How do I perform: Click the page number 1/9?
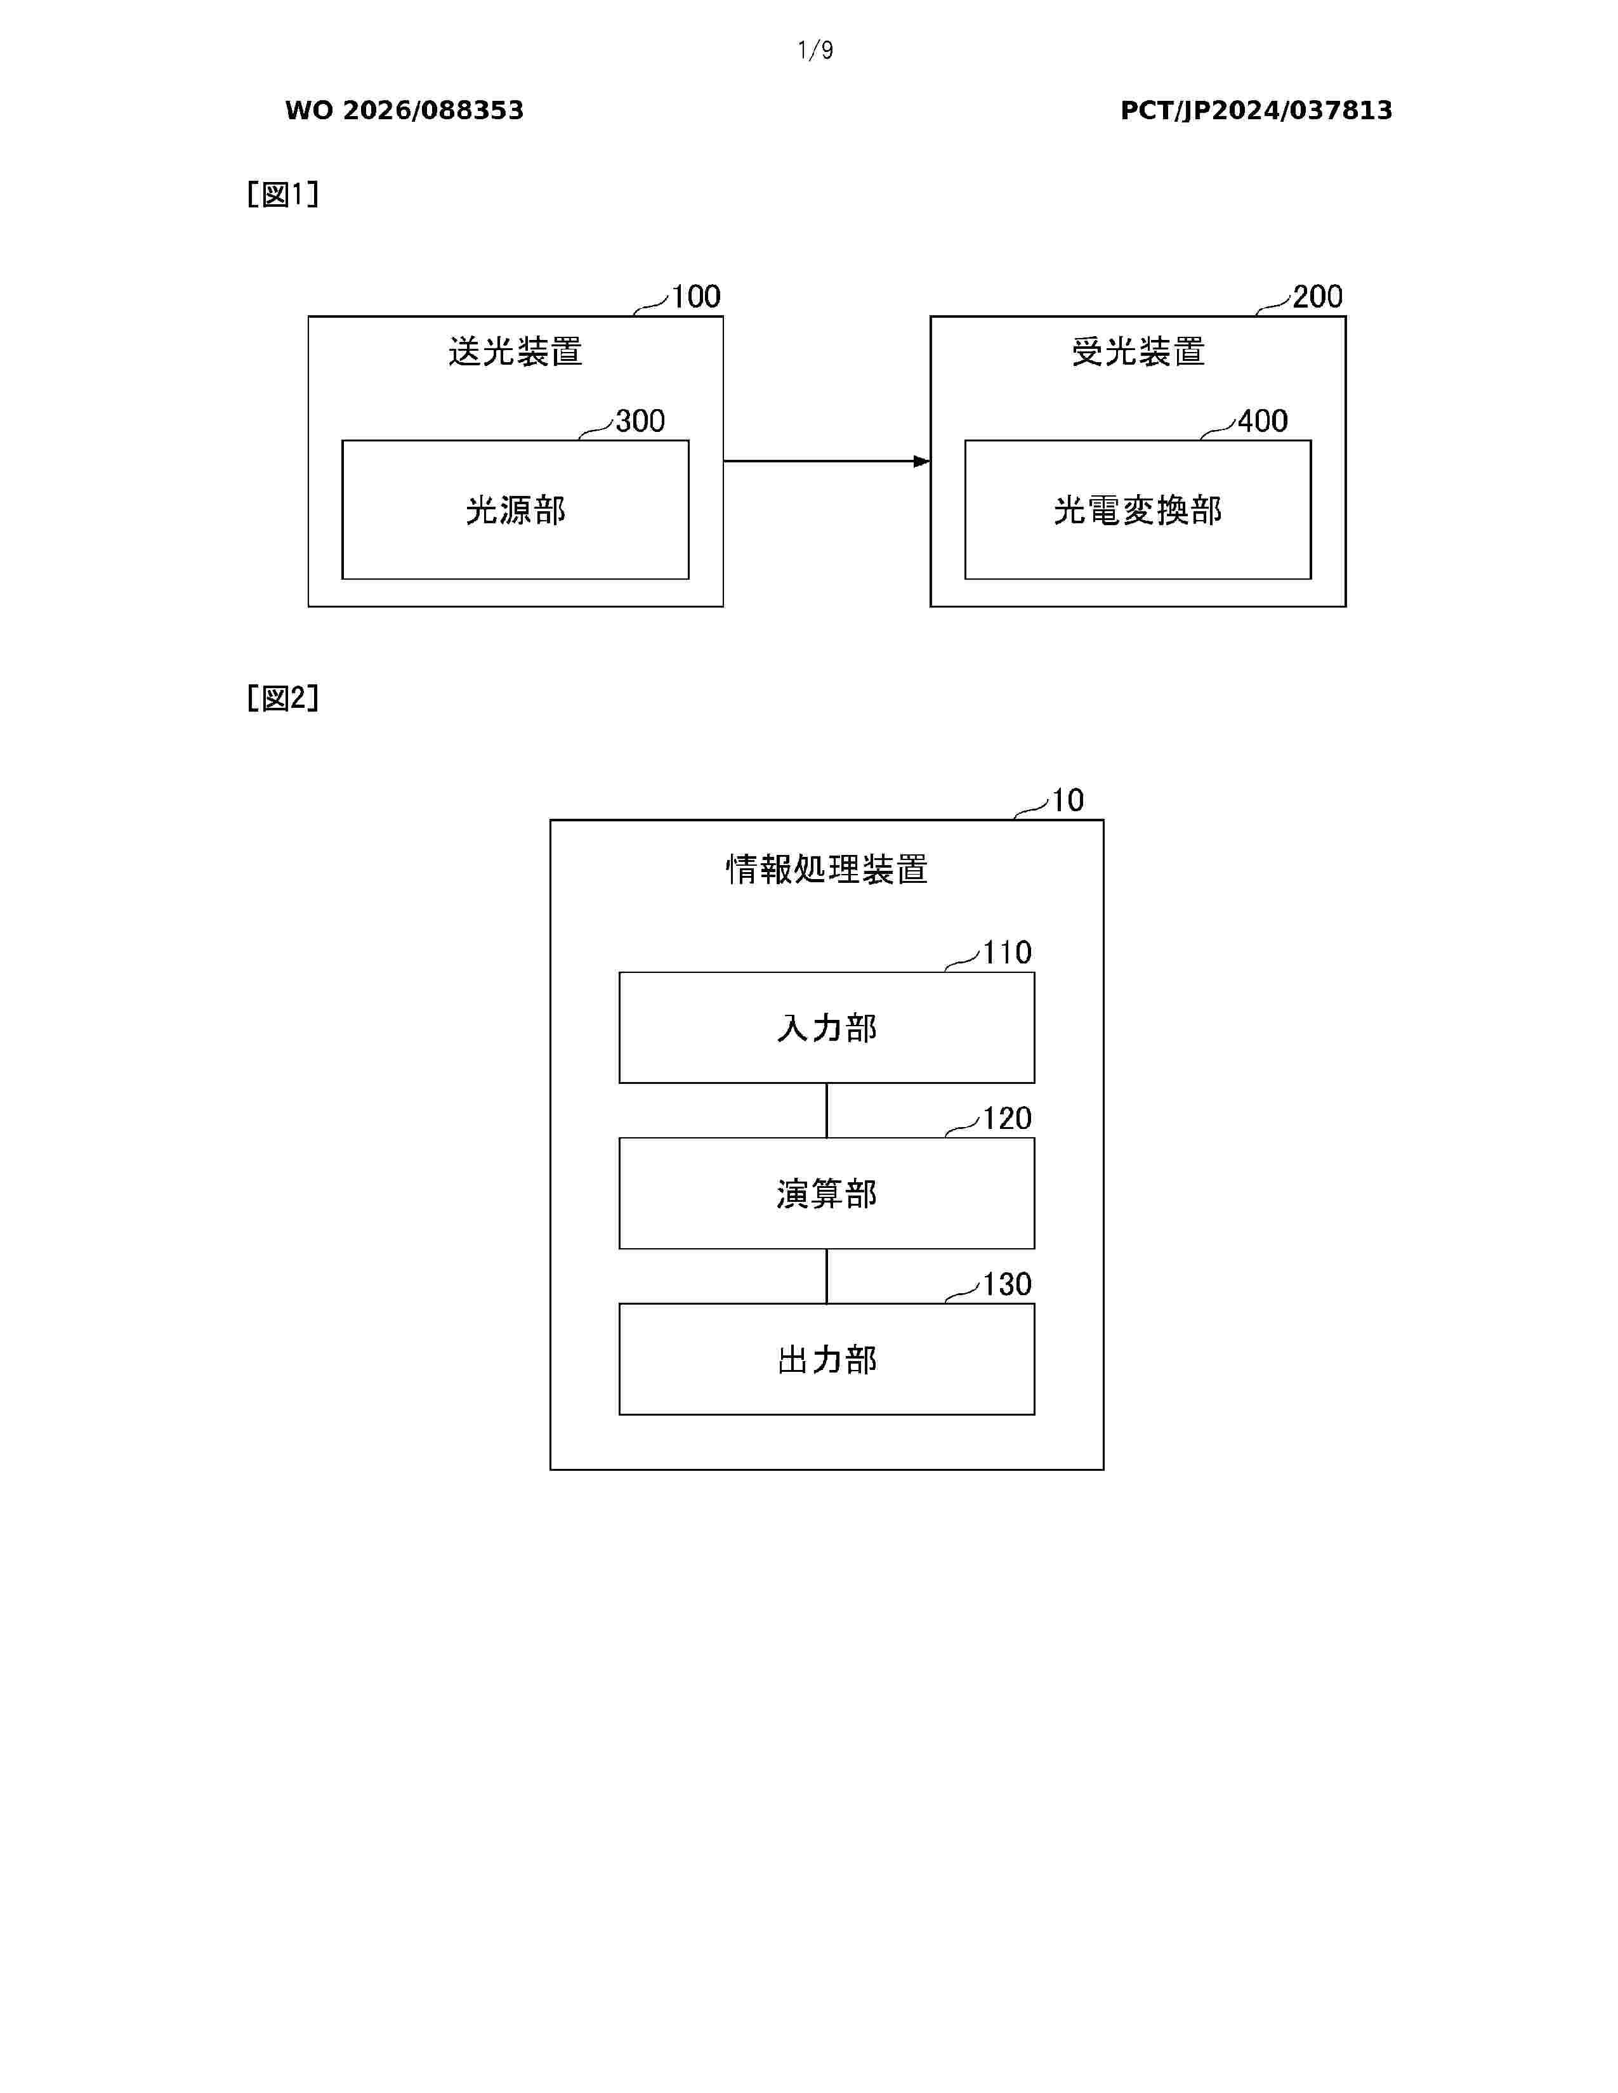click(x=815, y=50)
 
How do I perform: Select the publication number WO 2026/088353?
click(x=405, y=110)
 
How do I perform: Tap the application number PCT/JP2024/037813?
click(x=1256, y=110)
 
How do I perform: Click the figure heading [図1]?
click(x=283, y=195)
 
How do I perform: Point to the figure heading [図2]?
click(x=283, y=698)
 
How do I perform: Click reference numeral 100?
click(x=696, y=296)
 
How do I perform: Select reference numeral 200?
click(x=1318, y=296)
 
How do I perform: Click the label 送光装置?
click(x=516, y=352)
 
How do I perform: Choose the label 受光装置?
click(x=1138, y=352)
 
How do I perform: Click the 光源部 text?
click(x=516, y=510)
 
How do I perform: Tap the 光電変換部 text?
click(x=1138, y=510)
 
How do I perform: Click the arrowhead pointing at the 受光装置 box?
click(x=922, y=461)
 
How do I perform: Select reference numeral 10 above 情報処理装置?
click(x=1068, y=800)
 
